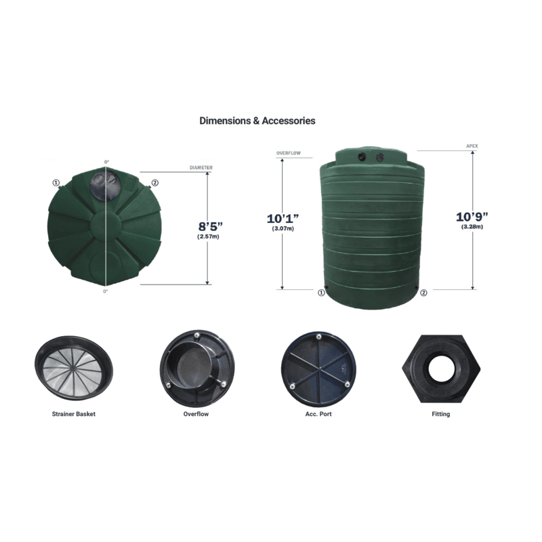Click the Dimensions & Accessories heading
[257, 121]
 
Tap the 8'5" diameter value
[210, 226]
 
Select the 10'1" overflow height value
[283, 218]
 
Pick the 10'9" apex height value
[472, 217]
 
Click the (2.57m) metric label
[208, 236]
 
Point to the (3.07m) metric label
[283, 228]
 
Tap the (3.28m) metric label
[472, 227]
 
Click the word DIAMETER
[201, 167]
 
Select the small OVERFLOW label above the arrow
[289, 153]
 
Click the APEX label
[472, 146]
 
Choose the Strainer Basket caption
[74, 414]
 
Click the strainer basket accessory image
[74, 368]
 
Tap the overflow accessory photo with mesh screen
[197, 368]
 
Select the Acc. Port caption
[318, 414]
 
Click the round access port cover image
[318, 369]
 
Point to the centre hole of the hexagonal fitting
[441, 368]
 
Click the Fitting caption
[441, 414]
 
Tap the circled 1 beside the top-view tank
[56, 183]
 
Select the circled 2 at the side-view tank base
[423, 293]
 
